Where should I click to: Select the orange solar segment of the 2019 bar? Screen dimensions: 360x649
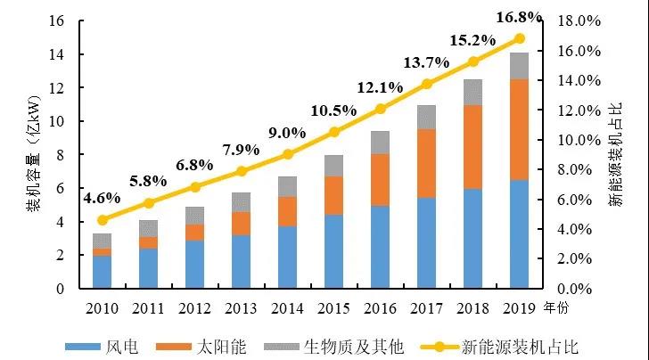[x=520, y=129]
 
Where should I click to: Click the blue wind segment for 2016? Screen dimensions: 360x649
[x=381, y=247]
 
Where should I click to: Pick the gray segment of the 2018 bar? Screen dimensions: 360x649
[x=473, y=92]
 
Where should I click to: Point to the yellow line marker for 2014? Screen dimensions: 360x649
[x=288, y=154]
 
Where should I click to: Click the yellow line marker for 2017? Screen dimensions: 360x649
[x=427, y=84]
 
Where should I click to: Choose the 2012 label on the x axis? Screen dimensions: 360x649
[x=195, y=309]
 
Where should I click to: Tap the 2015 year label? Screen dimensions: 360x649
[x=334, y=309]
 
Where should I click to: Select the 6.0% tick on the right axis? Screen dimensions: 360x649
[x=584, y=200]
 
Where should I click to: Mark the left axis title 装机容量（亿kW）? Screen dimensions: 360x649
[x=32, y=153]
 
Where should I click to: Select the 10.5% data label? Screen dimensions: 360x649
[x=334, y=110]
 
